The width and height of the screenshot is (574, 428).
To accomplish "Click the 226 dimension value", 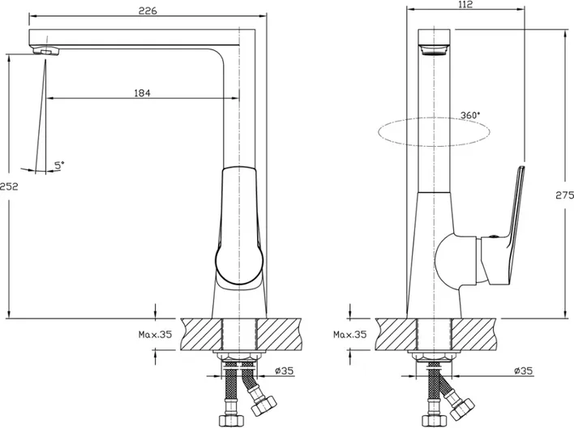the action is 148,11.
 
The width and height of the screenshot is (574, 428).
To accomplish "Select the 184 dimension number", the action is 142,93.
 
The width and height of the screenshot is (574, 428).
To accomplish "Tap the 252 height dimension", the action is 9,186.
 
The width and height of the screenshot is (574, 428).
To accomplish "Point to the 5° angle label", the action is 59,165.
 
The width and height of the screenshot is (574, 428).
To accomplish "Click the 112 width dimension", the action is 465,4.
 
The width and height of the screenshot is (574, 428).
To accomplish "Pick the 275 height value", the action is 565,195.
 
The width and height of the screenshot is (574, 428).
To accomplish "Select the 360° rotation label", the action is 470,115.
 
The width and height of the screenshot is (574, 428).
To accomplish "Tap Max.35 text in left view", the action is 155,334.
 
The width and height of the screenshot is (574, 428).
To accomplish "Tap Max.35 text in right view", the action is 350,334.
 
